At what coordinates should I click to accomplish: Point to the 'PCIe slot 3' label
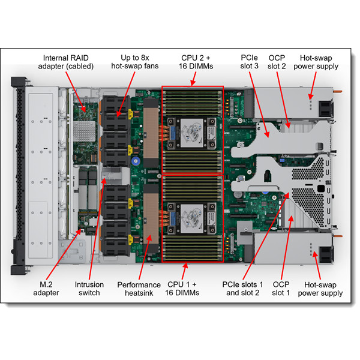250,62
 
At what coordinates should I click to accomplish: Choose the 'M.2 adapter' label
46,288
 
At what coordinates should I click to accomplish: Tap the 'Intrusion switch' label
89,288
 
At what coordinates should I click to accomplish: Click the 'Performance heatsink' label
139,288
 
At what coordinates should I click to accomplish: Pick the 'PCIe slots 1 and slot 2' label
243,288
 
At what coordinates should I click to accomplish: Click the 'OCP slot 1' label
281,288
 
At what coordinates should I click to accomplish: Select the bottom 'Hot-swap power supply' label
323,288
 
